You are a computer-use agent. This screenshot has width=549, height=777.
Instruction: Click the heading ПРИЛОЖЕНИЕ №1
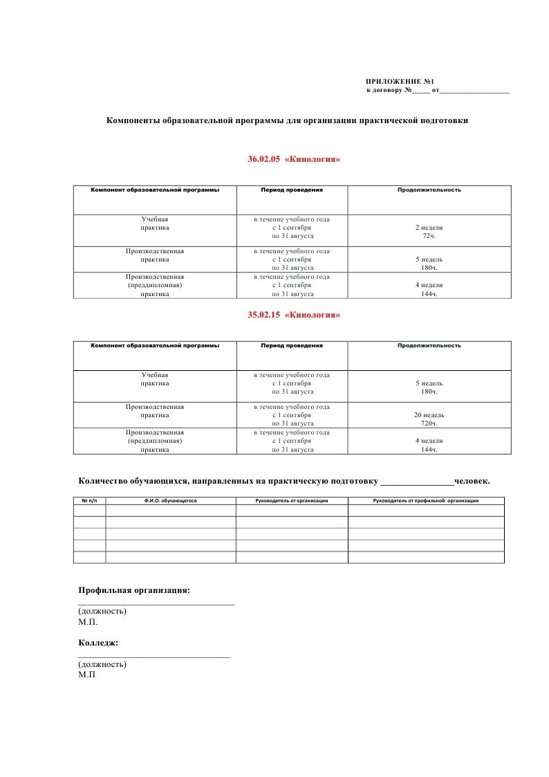(400, 82)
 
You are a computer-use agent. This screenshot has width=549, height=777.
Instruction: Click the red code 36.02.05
(263, 159)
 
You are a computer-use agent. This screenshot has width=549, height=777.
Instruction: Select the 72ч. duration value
(429, 236)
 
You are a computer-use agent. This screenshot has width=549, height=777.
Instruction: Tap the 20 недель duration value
(429, 415)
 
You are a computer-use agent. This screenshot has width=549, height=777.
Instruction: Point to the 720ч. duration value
(429, 423)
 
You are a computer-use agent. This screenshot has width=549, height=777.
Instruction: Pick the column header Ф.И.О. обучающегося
(171, 500)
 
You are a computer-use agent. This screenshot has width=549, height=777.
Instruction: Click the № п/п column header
(89, 500)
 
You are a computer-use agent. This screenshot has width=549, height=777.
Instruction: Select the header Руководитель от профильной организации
(426, 500)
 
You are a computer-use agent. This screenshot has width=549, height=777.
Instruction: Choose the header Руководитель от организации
(292, 500)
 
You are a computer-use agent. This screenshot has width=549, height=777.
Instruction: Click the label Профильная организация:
(134, 590)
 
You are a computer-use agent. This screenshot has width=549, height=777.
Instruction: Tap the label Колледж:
(98, 643)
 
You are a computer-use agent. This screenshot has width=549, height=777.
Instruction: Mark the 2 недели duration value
(429, 227)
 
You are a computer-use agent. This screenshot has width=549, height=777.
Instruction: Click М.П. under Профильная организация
(89, 622)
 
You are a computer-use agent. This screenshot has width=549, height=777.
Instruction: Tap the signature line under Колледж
(153, 656)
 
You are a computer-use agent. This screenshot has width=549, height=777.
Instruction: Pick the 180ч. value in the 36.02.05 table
(429, 268)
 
